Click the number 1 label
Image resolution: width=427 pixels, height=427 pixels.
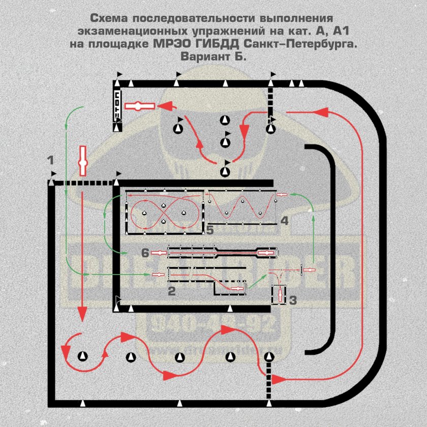(x=50, y=160)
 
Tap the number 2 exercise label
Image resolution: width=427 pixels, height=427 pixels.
(x=171, y=291)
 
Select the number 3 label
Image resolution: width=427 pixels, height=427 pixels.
(x=292, y=300)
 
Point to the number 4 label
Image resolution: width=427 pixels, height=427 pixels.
(x=284, y=221)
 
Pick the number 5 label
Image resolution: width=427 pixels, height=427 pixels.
(x=209, y=230)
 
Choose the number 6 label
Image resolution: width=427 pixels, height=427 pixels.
(x=144, y=252)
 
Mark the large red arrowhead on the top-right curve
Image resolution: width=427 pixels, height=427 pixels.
(x=323, y=111)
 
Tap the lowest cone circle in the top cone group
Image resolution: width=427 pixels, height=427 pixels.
(x=225, y=171)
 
